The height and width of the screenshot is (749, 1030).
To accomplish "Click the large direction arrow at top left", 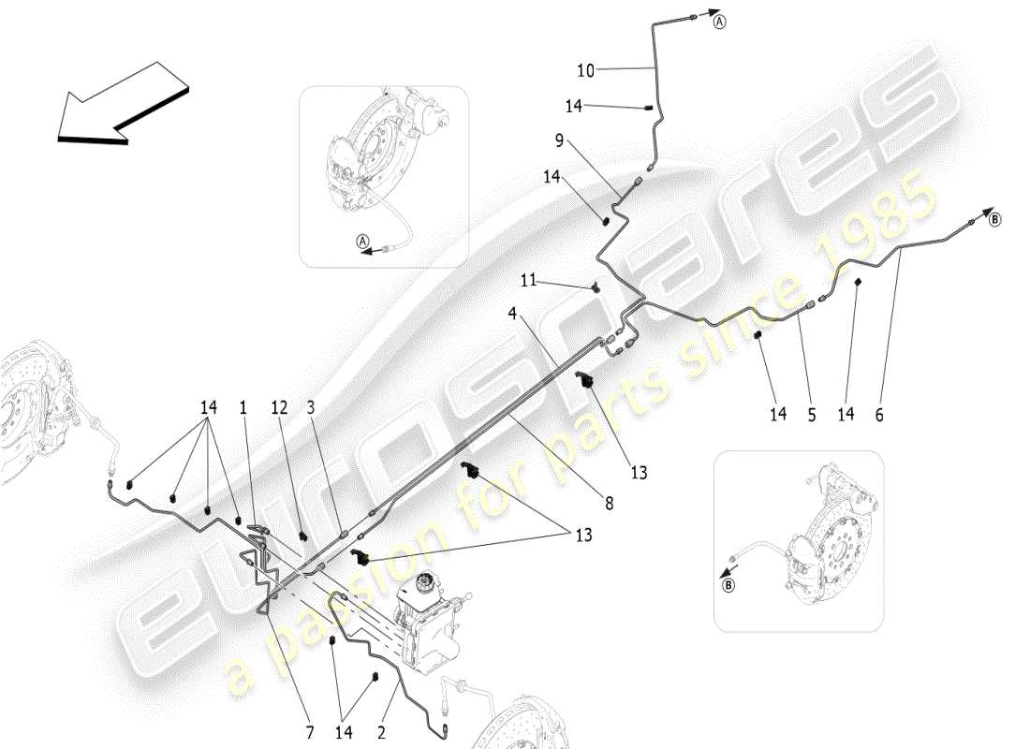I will pos(122,103).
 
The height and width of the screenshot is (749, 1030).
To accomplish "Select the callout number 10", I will pos(584,69).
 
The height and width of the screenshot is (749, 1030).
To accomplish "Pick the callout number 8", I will pos(609,503).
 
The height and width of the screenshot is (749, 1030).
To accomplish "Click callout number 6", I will pos(879,413).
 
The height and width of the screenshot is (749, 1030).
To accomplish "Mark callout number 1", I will pos(243,408).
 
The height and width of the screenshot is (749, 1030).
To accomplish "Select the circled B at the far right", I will pos(994,219).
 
